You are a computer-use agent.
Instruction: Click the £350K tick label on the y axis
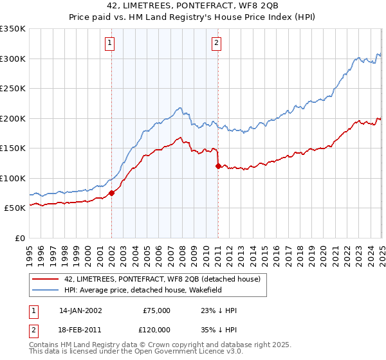13,29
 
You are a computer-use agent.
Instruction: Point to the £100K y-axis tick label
13,178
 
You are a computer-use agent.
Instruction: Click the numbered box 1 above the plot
111,44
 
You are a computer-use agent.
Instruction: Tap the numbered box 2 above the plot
216,44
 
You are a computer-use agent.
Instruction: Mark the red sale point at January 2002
111,193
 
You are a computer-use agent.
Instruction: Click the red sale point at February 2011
218,166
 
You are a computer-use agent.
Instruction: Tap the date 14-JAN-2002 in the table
80,310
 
